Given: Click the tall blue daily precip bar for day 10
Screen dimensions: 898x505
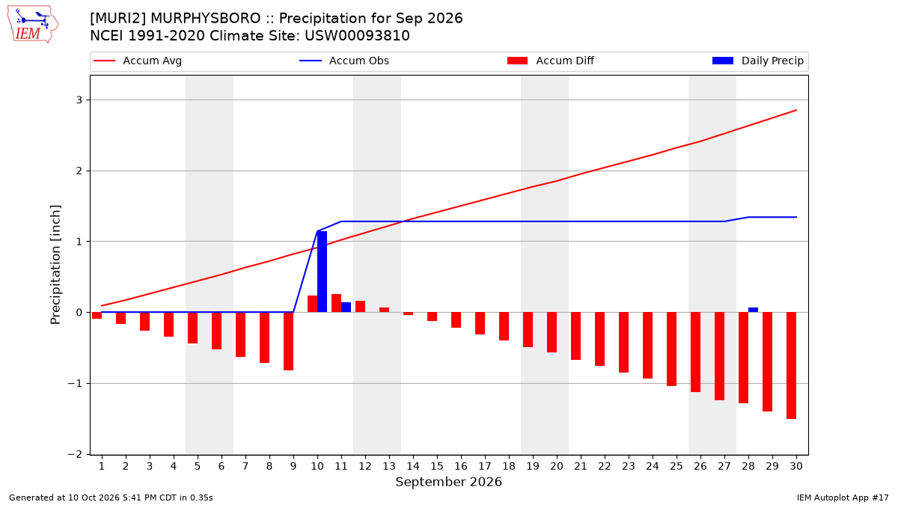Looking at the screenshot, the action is pyautogui.click(x=322, y=272).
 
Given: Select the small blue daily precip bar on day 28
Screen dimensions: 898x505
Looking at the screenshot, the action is pyautogui.click(x=754, y=310).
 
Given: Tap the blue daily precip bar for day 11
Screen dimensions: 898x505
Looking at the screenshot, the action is pyautogui.click(x=346, y=307).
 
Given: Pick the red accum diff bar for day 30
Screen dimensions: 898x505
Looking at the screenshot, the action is pyautogui.click(x=792, y=366).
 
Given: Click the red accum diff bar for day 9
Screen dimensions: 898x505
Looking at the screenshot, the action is pyautogui.click(x=289, y=341).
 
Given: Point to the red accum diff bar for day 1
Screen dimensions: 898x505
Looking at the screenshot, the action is pyautogui.click(x=97, y=316).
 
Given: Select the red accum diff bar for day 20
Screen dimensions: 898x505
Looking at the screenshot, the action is pyautogui.click(x=552, y=332).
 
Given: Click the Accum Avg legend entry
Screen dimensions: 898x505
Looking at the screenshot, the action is pyautogui.click(x=138, y=61).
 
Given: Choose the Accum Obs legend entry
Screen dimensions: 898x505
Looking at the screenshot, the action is pyautogui.click(x=344, y=61).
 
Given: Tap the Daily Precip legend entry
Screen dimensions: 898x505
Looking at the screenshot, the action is pyautogui.click(x=758, y=61).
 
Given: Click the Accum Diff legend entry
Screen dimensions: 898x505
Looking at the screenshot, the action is pyautogui.click(x=551, y=61).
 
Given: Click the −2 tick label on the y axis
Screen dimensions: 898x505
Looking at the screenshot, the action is pyautogui.click(x=75, y=455).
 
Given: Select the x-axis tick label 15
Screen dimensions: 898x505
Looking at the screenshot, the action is pyautogui.click(x=437, y=466).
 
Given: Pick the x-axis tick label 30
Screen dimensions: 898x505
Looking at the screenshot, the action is pyautogui.click(x=796, y=466).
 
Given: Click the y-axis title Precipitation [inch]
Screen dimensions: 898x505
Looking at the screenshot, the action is pyautogui.click(x=55, y=265).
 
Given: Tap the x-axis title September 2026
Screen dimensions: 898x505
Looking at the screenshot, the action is pyautogui.click(x=448, y=482).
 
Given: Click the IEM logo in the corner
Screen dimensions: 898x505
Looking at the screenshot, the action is pyautogui.click(x=33, y=25).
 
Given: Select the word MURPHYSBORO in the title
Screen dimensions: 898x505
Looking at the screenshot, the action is pyautogui.click(x=205, y=19).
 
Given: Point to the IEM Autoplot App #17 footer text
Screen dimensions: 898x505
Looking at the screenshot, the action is pyautogui.click(x=843, y=498).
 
